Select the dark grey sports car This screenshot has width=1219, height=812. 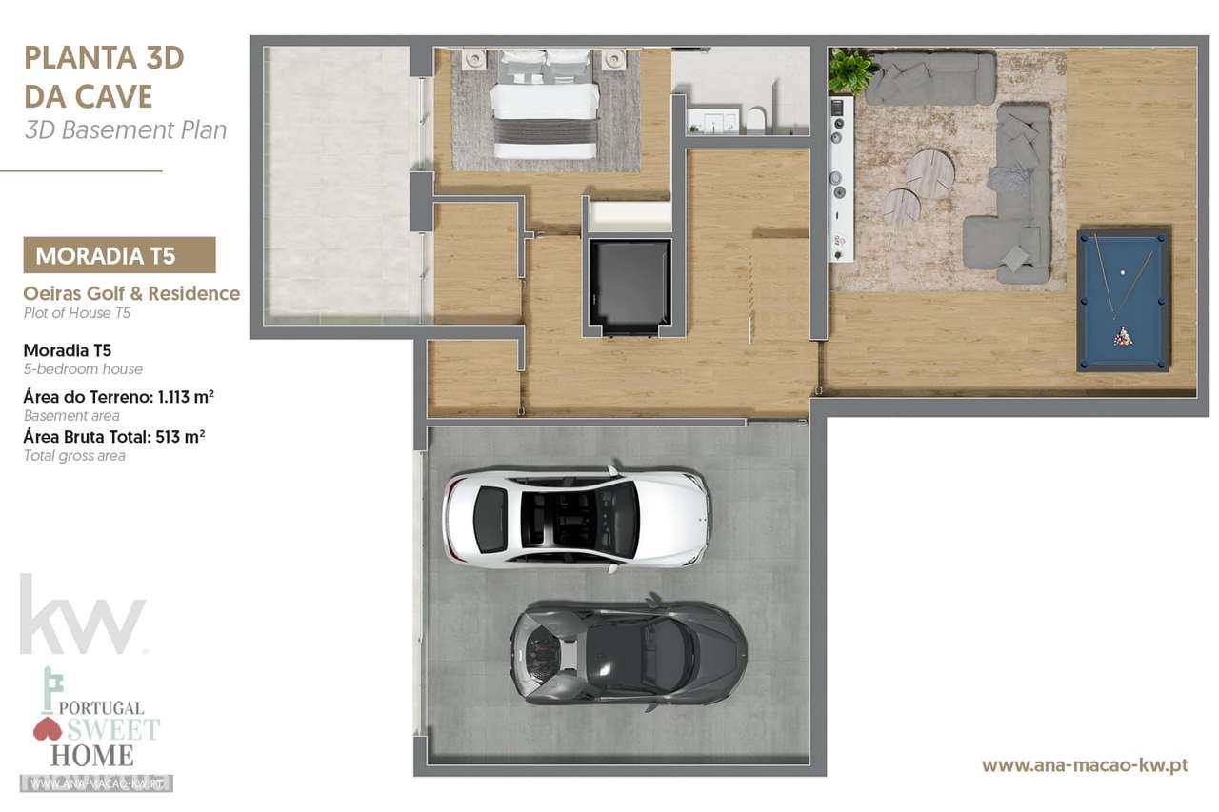(x=629, y=652)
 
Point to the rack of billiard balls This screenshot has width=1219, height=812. (x=1124, y=336)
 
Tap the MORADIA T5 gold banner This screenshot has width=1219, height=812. (x=119, y=255)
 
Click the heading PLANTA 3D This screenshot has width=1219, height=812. (x=104, y=57)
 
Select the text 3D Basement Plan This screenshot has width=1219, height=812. (x=126, y=129)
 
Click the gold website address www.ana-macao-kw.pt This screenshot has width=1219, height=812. (x=1084, y=764)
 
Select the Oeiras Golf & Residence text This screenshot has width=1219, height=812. (x=131, y=294)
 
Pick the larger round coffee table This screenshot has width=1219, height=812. (x=929, y=173)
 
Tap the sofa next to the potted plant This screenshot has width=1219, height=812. (x=930, y=77)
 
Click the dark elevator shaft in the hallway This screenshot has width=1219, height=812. (x=629, y=284)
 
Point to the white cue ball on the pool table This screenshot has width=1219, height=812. (x=1124, y=272)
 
